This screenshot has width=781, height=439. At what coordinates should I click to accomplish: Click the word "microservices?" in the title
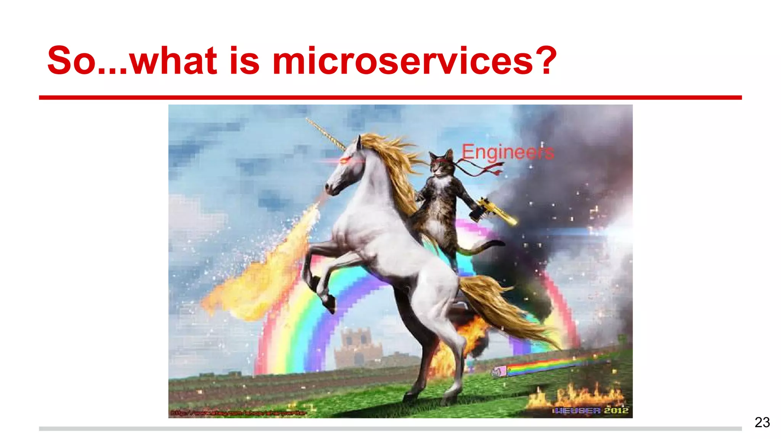click(415, 61)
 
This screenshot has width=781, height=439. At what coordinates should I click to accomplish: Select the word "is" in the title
click(244, 61)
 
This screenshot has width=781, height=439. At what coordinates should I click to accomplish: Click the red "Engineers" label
click(508, 152)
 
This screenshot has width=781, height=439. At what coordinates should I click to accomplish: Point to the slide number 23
click(762, 422)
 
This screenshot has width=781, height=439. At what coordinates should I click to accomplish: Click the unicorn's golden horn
click(326, 134)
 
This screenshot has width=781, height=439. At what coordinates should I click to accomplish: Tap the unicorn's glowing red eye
click(344, 161)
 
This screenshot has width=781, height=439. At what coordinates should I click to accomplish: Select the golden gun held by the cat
click(496, 211)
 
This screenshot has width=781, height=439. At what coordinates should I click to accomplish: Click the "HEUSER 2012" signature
click(590, 410)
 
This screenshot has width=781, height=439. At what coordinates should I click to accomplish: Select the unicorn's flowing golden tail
click(503, 309)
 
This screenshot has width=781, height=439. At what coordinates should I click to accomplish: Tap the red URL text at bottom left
click(238, 413)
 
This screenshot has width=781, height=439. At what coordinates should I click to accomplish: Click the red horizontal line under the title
click(390, 98)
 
